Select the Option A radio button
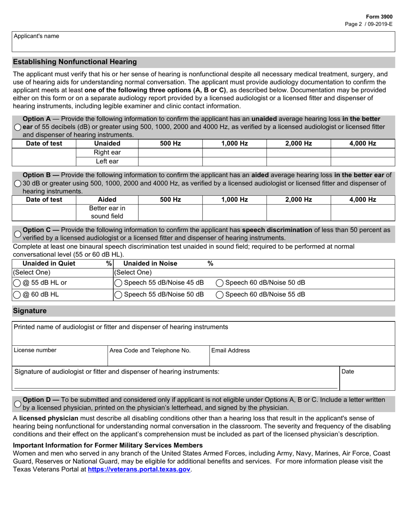pyautogui.click(x=17, y=127)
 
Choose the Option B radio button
pyautogui.click(x=17, y=183)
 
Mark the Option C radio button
pyautogui.click(x=17, y=234)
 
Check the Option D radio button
pyautogui.click(x=17, y=404)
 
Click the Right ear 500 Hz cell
pyautogui.click(x=170, y=153)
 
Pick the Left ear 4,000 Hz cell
pyautogui.click(x=363, y=162)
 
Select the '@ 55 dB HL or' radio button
pyautogui.click(x=17, y=283)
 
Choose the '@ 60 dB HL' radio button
pyautogui.click(x=17, y=295)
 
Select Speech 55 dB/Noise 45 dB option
pyautogui.click(x=118, y=283)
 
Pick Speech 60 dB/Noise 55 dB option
pyautogui.click(x=219, y=295)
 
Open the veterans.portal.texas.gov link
pyautogui.click(x=139, y=470)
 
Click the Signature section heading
pyautogui.click(x=30, y=311)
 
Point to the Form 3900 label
pyautogui.click(x=380, y=16)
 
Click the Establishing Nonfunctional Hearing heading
pyautogui.click(x=75, y=62)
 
